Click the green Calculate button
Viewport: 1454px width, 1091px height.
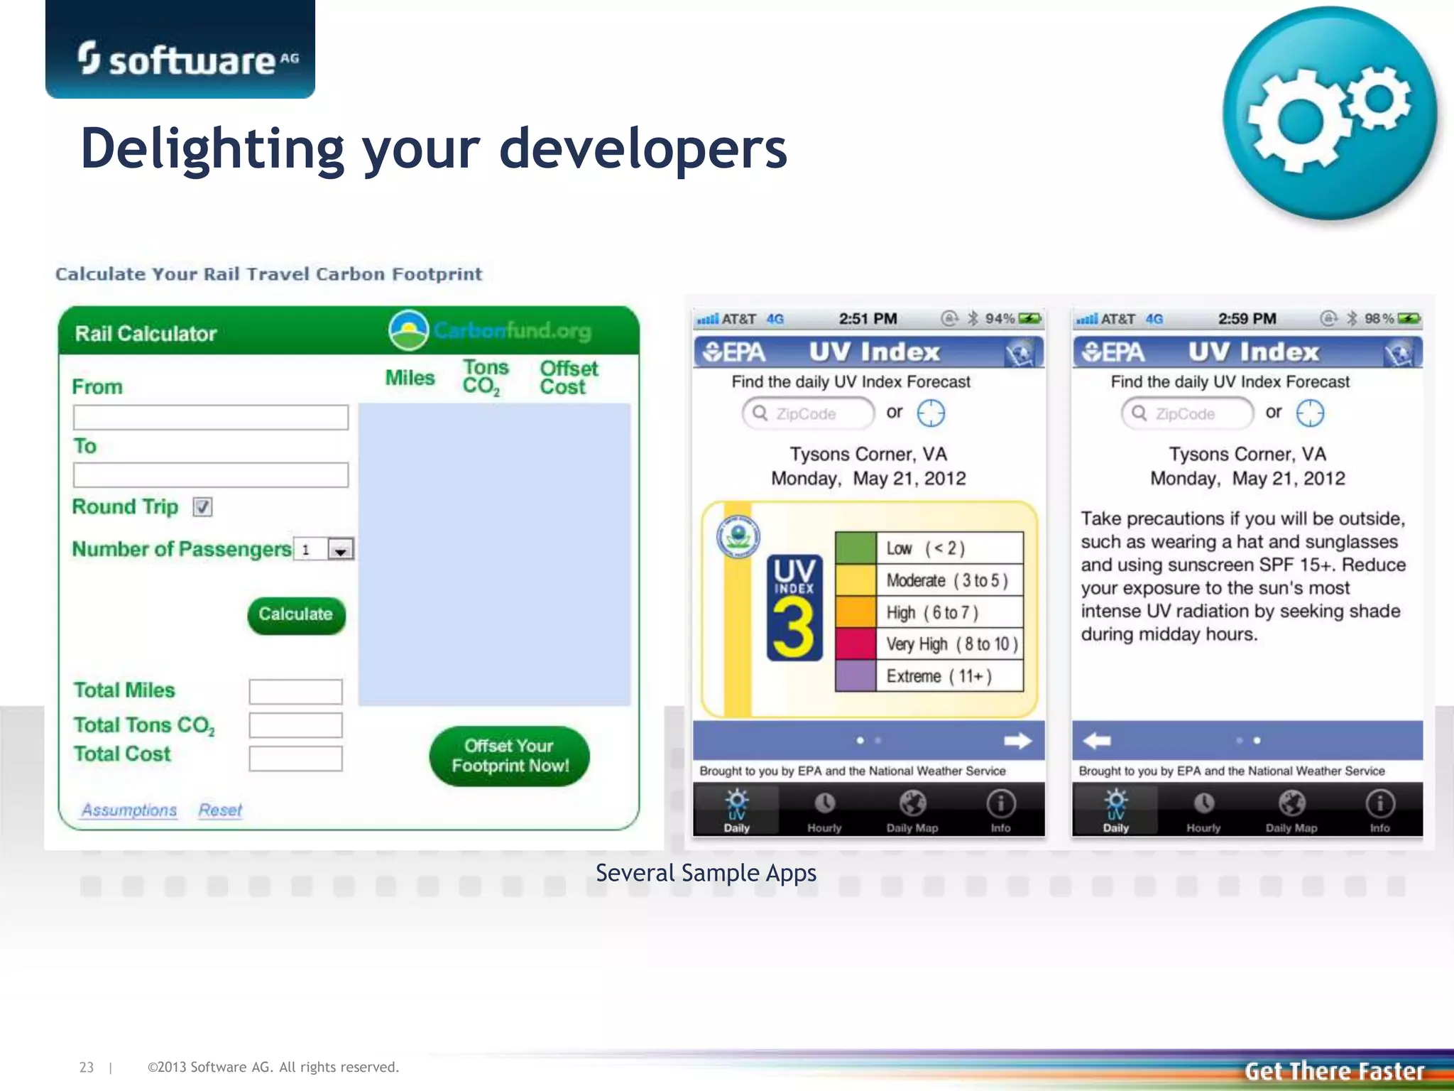[296, 614]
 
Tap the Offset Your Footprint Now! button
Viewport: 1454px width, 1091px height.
[509, 756]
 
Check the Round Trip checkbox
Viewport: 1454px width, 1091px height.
[202, 507]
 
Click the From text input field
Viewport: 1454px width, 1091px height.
[210, 417]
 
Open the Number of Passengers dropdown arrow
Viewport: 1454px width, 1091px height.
[341, 550]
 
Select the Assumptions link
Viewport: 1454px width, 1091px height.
[129, 810]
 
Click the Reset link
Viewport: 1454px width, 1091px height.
[220, 810]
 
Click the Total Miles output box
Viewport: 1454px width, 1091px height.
[295, 691]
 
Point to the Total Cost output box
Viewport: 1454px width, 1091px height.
[295, 758]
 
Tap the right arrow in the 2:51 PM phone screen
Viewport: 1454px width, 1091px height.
[1017, 741]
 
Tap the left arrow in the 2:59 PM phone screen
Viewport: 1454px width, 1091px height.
[1097, 741]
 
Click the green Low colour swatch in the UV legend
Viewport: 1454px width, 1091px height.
[856, 548]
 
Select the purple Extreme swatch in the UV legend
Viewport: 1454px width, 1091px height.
[856, 675]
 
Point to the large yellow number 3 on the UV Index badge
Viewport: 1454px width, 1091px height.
[794, 627]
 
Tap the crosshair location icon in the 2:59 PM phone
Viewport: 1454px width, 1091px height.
[1310, 413]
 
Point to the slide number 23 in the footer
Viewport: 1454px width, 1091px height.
[87, 1067]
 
